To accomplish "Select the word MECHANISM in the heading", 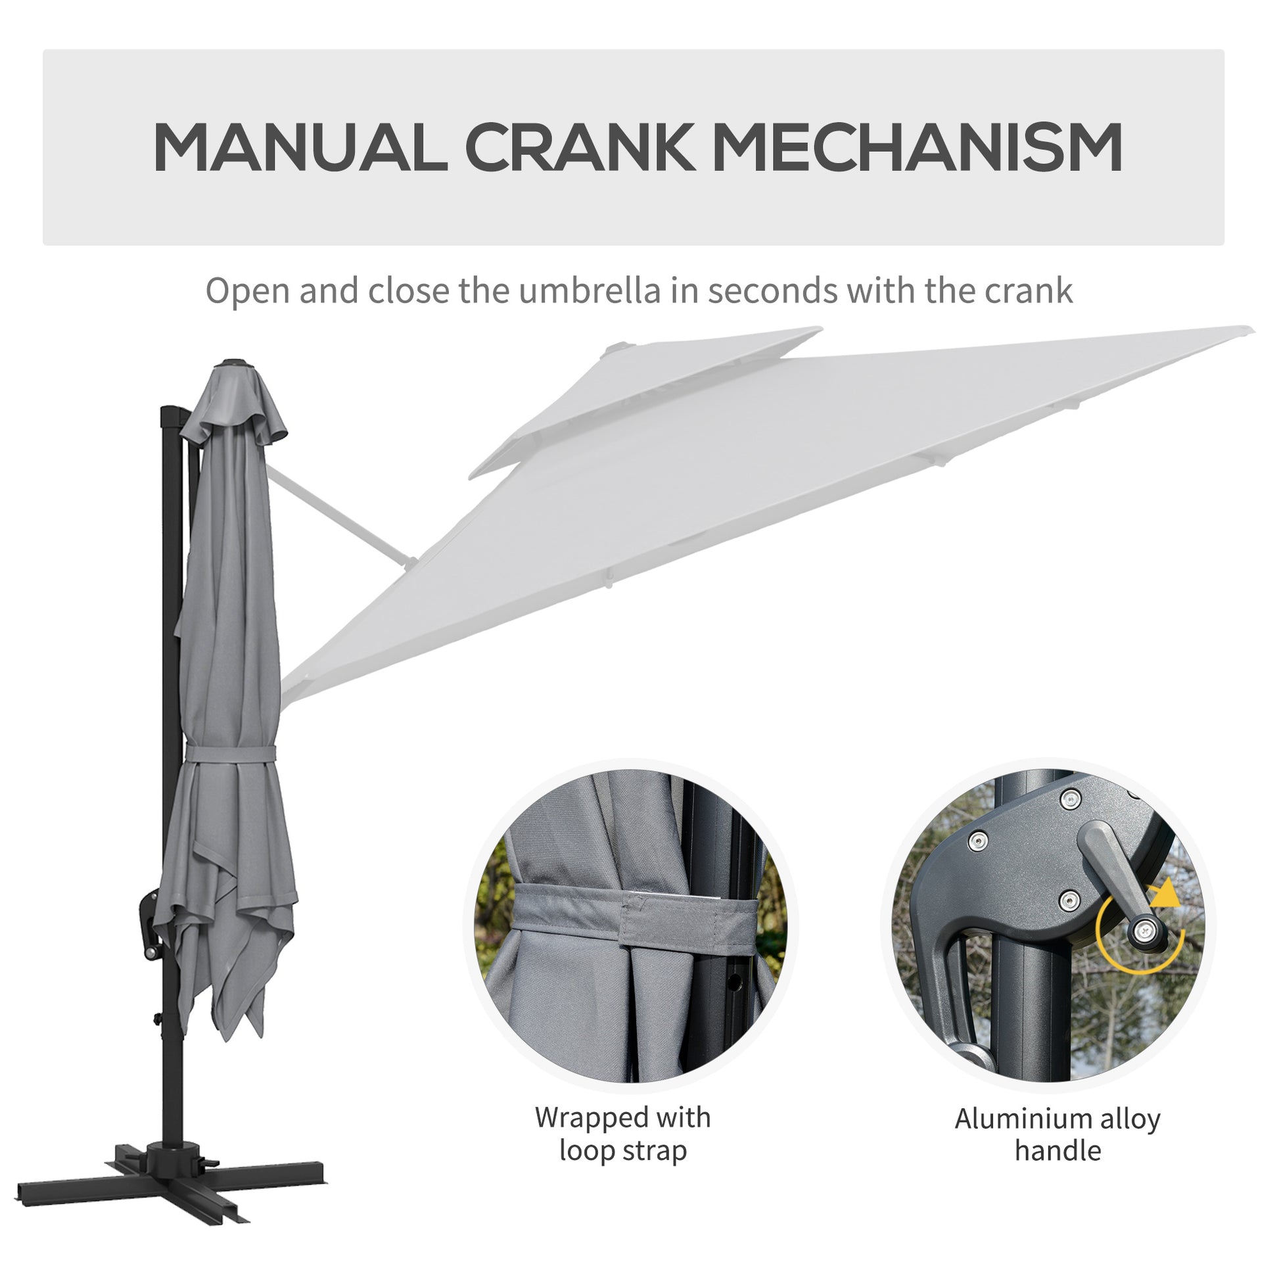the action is pyautogui.click(x=918, y=148).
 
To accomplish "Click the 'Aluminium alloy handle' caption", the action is pyautogui.click(x=1058, y=1134).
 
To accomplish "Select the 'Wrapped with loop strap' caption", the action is pyautogui.click(x=623, y=1133).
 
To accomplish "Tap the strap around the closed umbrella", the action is pyautogui.click(x=230, y=753).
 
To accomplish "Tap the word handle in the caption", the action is pyautogui.click(x=1058, y=1150).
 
